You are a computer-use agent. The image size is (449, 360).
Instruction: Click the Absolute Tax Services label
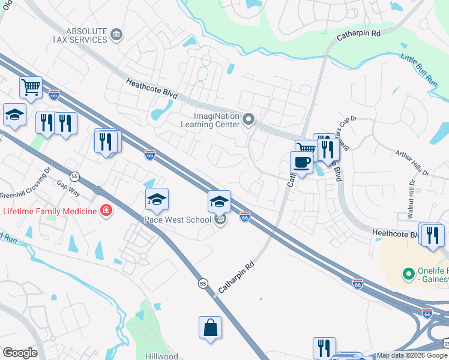(86, 35)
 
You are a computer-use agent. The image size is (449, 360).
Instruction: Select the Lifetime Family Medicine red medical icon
(106, 211)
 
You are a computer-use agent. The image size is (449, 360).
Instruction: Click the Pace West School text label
(177, 220)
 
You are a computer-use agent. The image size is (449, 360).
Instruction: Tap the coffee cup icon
(301, 162)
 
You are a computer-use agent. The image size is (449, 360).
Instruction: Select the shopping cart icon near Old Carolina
(31, 87)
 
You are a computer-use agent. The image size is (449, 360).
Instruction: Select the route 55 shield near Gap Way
(74, 176)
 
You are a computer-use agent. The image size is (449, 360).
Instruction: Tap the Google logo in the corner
(20, 353)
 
